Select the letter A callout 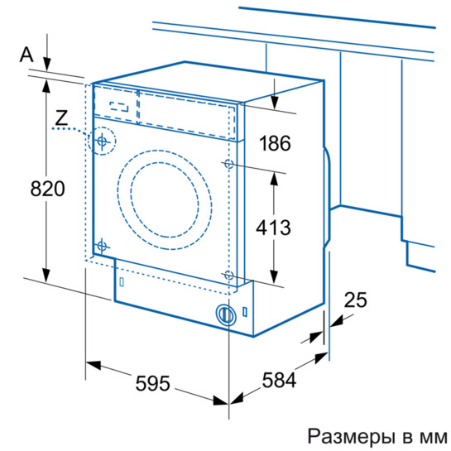(x=26, y=55)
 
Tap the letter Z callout (x=60, y=118)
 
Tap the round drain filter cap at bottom (x=223, y=314)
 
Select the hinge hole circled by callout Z (x=102, y=142)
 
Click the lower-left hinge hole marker (x=102, y=246)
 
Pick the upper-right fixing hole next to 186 (x=228, y=165)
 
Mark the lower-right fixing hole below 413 (x=228, y=274)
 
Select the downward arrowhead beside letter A (x=46, y=66)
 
